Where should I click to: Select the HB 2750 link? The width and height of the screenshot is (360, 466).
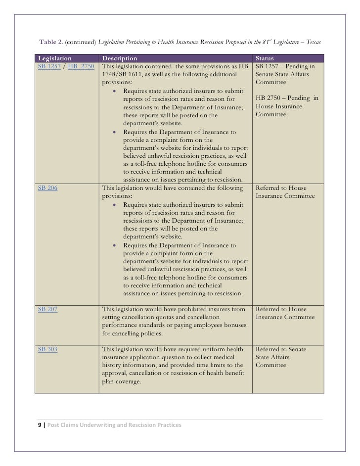[81, 66]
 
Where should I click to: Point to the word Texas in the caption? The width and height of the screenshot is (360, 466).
[313, 42]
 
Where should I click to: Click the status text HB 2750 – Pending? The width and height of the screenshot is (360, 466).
[286, 98]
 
